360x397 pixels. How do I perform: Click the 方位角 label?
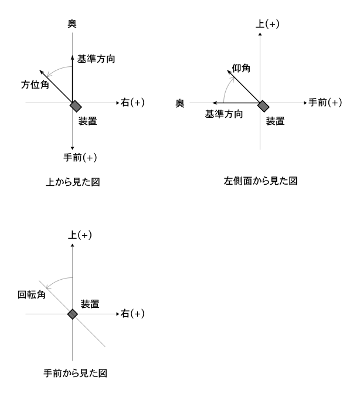(x=35, y=84)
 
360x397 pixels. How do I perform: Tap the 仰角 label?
(x=241, y=68)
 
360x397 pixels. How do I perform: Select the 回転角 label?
(x=32, y=294)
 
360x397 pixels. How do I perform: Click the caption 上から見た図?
(x=73, y=182)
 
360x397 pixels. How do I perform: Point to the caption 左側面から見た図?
(x=260, y=181)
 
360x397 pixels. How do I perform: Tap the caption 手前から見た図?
(x=75, y=373)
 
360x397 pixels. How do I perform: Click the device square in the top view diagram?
(x=76, y=106)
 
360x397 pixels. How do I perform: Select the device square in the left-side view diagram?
(x=263, y=106)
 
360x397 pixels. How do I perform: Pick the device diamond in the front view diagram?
(x=73, y=314)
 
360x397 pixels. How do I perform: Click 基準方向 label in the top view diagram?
(x=96, y=59)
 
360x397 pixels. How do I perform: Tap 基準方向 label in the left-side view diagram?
(x=224, y=114)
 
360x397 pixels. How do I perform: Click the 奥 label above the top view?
(x=72, y=23)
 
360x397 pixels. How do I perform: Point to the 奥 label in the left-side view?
(x=180, y=103)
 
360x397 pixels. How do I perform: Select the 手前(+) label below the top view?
(x=80, y=158)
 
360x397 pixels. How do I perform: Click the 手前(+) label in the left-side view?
(x=325, y=103)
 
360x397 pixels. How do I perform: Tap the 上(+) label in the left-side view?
(x=267, y=24)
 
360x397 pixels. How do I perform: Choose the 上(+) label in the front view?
(x=80, y=235)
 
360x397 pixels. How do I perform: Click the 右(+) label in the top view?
(x=133, y=103)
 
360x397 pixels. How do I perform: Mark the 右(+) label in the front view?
(x=133, y=314)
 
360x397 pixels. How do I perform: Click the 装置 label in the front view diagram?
(x=90, y=304)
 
